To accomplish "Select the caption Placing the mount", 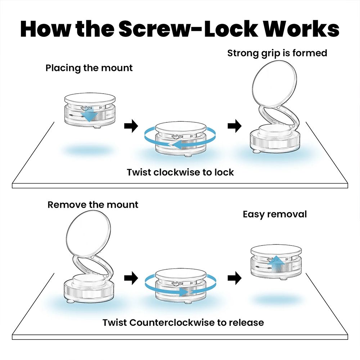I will click(x=89, y=68).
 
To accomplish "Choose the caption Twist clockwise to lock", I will click(x=180, y=172).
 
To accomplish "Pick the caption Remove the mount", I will click(x=93, y=205).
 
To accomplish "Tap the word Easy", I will click(x=255, y=215).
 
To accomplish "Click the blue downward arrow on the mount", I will click(x=89, y=115).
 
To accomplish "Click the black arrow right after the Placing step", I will click(x=131, y=126).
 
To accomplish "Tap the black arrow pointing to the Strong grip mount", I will click(x=234, y=126).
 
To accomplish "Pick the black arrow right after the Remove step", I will click(x=131, y=278).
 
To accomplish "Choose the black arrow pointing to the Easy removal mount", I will click(x=234, y=278).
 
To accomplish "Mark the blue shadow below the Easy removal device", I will click(x=276, y=300).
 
